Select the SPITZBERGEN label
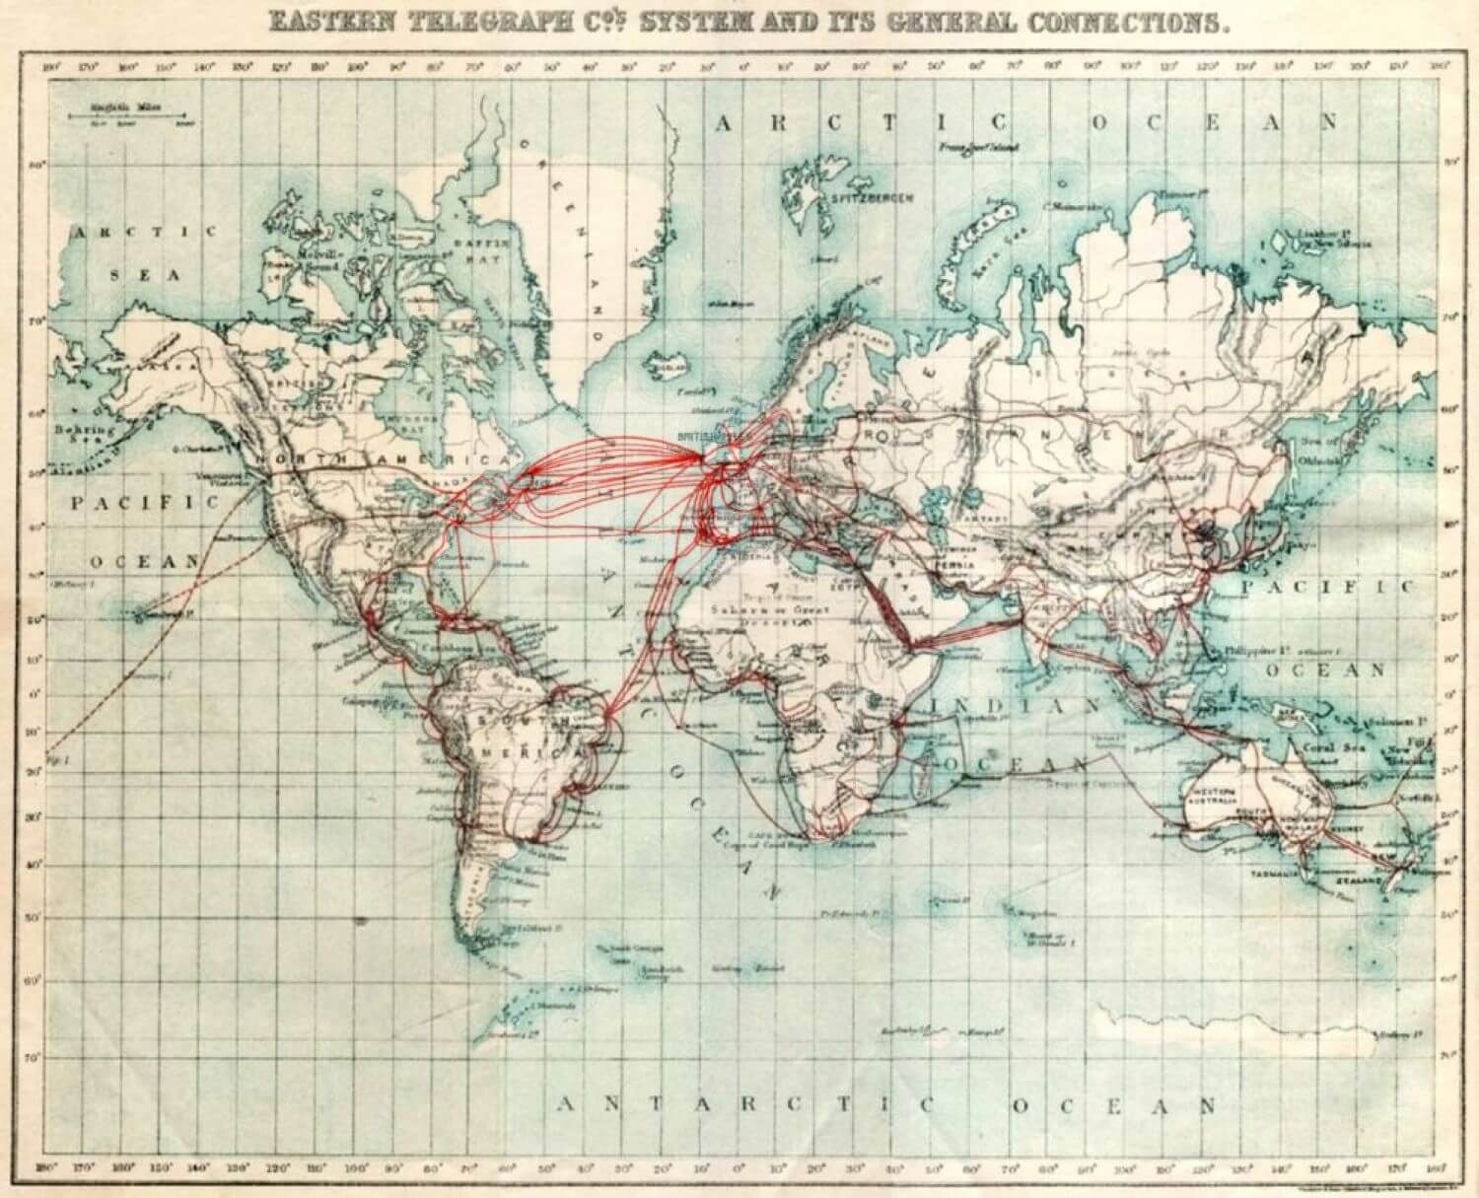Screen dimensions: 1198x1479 [872, 198]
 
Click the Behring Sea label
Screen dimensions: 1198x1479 [84, 435]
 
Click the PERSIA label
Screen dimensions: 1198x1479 [957, 564]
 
